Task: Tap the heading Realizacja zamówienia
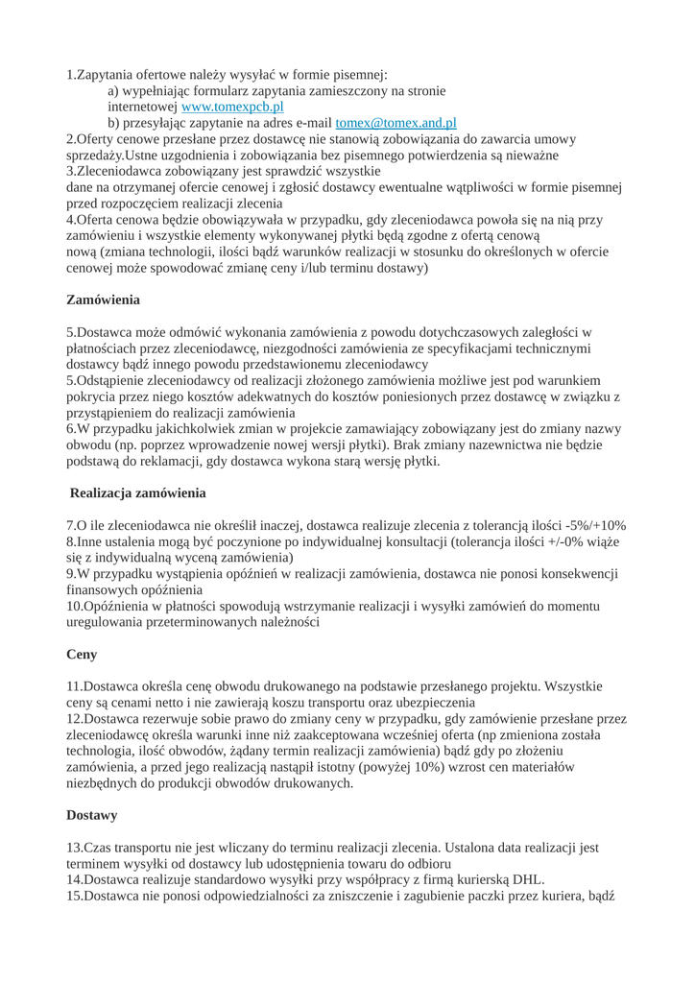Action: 138,493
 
